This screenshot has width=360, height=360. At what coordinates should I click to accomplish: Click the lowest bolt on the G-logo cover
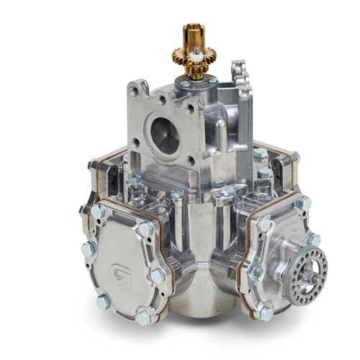[x=145, y=314]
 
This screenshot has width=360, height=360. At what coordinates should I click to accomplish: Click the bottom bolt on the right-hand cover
[x=264, y=311]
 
